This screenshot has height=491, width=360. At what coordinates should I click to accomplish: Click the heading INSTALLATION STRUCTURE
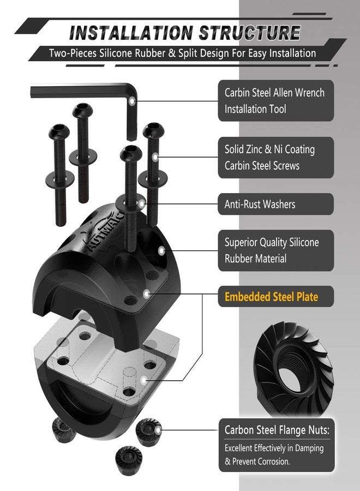[185, 33]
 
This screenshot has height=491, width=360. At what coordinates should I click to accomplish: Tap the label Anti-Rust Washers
[260, 204]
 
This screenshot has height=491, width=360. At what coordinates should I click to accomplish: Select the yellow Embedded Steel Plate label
[272, 297]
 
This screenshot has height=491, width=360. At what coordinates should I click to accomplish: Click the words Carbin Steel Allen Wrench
[274, 93]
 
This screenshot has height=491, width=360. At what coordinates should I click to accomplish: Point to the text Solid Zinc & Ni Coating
[269, 149]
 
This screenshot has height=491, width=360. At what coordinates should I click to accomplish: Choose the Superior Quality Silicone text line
[272, 242]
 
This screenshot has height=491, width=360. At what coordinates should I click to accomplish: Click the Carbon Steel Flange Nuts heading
[277, 430]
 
